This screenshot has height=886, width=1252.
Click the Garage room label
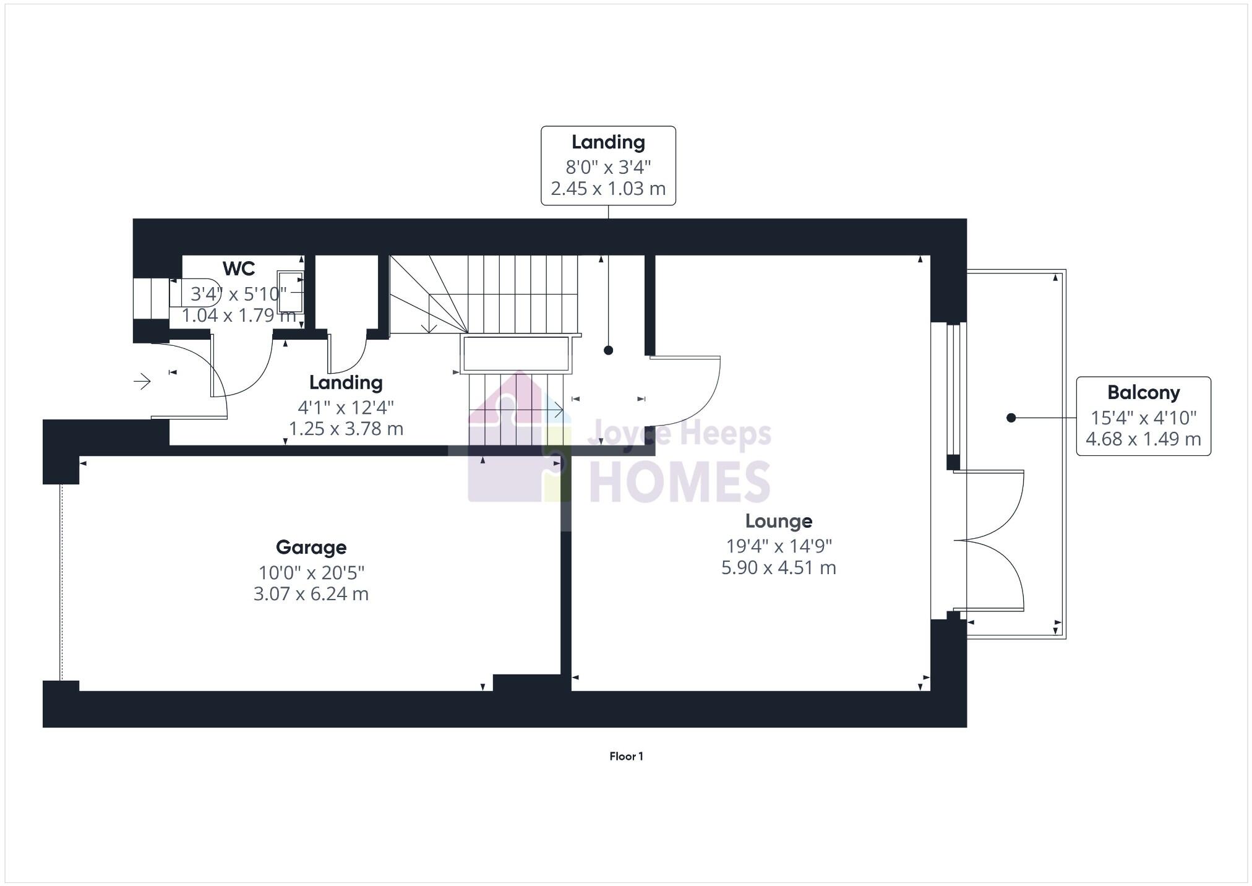311,547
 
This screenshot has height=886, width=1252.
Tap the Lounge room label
778,521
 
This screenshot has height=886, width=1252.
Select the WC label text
239,269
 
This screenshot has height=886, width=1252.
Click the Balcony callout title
1143,392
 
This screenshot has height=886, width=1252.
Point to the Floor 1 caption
626,756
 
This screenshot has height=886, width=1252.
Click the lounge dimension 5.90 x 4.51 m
778,567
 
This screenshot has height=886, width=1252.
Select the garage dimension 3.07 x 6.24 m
311,594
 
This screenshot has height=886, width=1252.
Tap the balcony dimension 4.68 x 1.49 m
1143,439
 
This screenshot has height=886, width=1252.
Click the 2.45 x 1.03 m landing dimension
608,188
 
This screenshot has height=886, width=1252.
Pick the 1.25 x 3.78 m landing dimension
346,429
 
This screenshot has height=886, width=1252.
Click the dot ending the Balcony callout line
1011,418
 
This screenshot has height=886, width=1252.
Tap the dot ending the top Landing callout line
608,350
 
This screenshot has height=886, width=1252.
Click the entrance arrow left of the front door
142,381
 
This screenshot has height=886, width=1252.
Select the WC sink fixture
290,291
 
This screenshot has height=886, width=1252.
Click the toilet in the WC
186,293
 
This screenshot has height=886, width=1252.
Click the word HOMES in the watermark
679,482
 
